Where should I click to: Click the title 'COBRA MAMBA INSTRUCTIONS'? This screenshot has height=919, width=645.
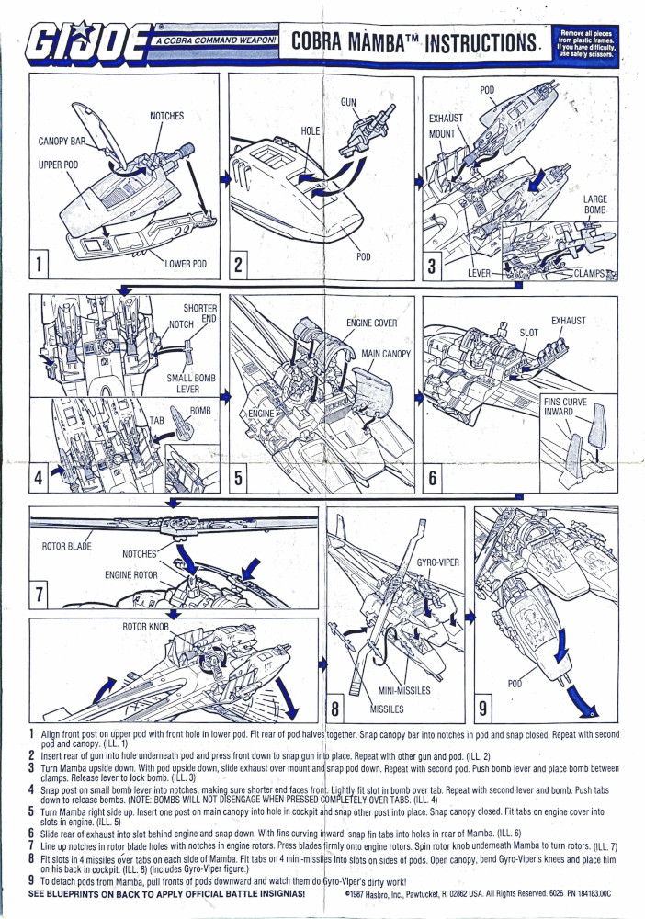[413, 42]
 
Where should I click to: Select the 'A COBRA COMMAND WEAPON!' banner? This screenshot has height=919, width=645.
[217, 41]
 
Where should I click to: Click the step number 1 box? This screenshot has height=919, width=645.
[40, 265]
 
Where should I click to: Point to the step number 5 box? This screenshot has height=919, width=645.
[239, 478]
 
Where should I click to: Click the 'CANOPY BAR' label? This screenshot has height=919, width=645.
[63, 142]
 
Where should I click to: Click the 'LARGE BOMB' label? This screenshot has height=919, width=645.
[595, 205]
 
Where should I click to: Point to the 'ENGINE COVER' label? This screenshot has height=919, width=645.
[371, 323]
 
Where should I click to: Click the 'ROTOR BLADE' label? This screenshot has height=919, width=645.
[68, 547]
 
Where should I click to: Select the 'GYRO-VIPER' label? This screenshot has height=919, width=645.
[438, 562]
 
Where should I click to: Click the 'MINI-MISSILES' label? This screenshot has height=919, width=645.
[404, 690]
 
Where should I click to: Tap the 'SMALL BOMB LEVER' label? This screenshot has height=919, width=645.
[190, 382]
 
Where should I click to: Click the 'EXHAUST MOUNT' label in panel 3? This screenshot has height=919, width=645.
[446, 126]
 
